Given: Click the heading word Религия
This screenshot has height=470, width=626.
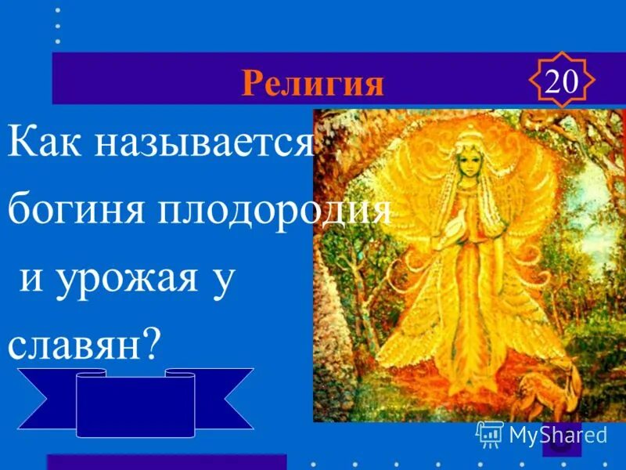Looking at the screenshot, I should point(312,82).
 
